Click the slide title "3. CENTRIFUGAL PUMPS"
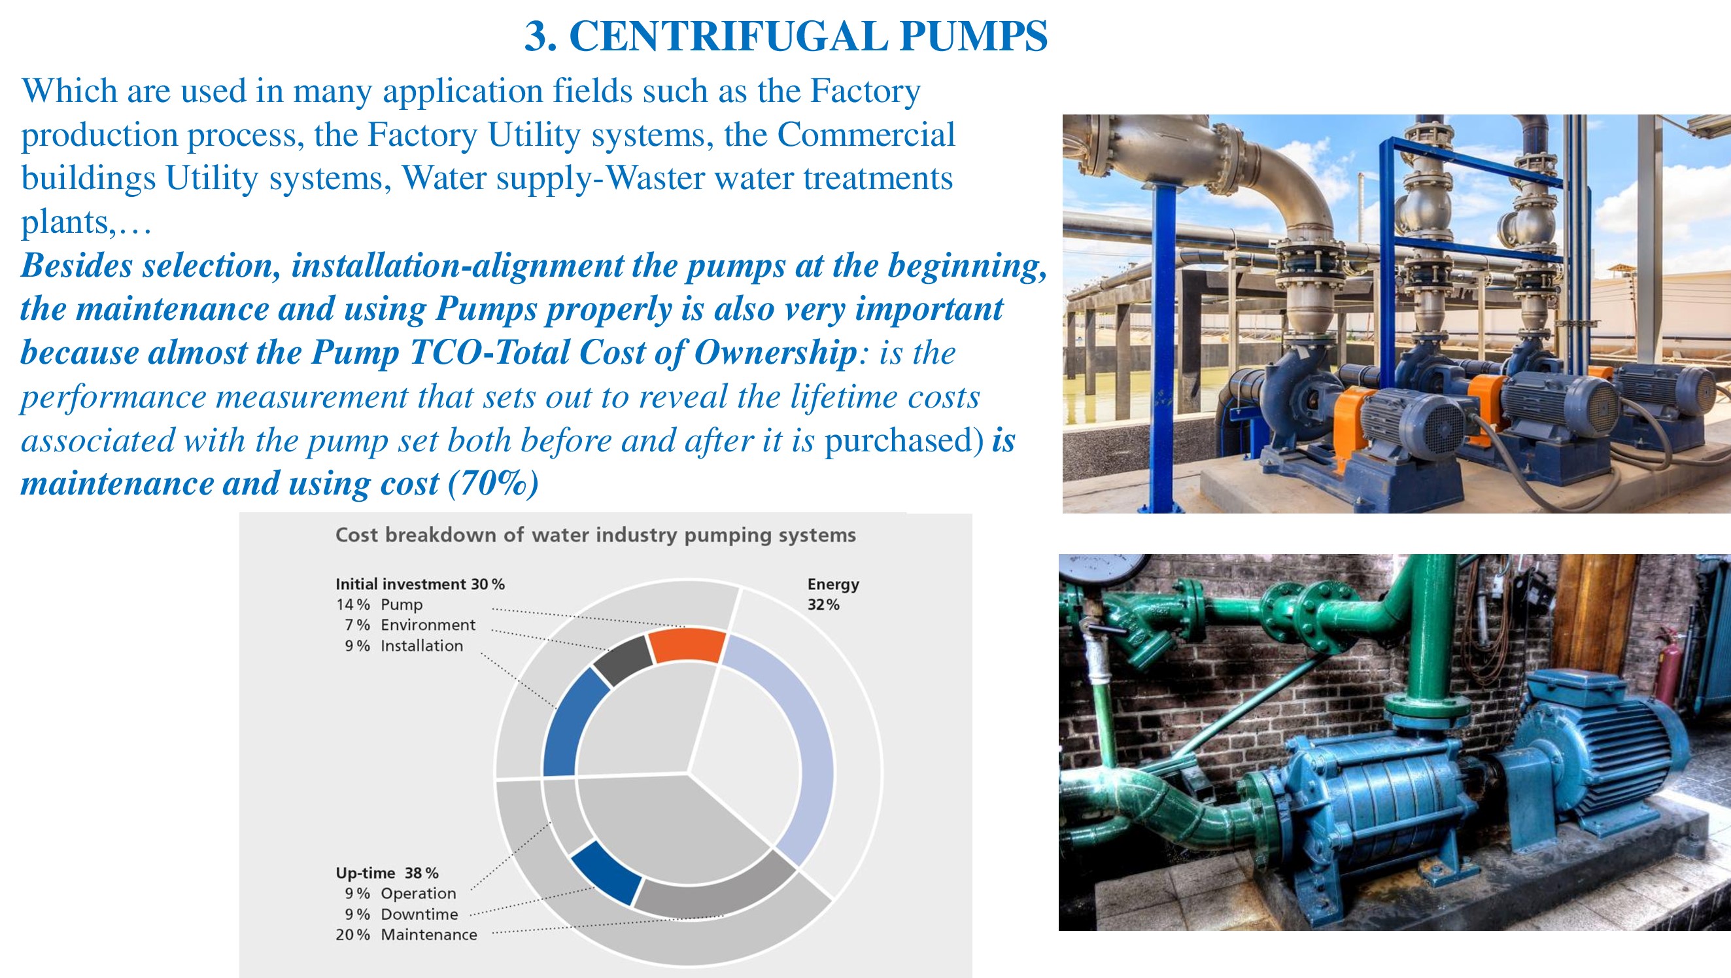(785, 35)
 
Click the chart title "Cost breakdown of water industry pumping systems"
(595, 535)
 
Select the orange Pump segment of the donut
(687, 645)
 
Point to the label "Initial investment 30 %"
(420, 584)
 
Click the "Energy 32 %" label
(833, 594)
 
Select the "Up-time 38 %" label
(387, 873)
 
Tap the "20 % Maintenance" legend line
(407, 934)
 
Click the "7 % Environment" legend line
(410, 625)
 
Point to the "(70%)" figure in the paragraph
(493, 484)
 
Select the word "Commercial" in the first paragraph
(866, 134)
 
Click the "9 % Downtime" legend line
(401, 914)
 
